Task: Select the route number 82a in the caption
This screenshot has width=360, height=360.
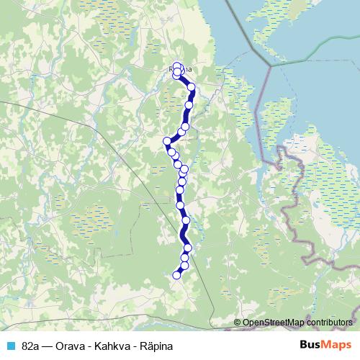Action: click(31, 346)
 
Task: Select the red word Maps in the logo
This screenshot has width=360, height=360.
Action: click(337, 346)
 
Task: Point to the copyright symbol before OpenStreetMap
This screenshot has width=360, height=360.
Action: click(238, 322)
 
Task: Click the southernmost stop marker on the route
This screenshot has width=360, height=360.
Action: click(176, 274)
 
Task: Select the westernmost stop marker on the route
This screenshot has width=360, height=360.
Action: click(167, 140)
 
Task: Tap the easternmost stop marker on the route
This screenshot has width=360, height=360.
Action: click(192, 88)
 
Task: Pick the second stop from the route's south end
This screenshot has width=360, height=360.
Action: click(184, 266)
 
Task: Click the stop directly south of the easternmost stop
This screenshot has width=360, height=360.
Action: click(189, 105)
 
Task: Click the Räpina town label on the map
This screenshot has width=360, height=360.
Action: click(181, 69)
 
